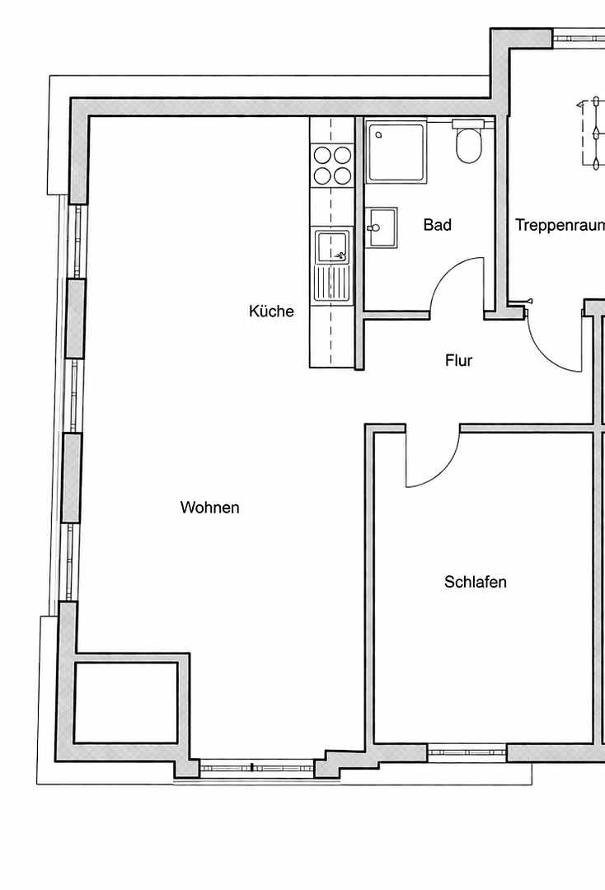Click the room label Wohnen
209,508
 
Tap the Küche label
271,311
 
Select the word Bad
438,225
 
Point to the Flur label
458,360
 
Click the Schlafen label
475,583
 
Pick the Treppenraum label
560,225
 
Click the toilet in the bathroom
468,143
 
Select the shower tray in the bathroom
396,152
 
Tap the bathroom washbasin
382,226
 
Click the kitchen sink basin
331,247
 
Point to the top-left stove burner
322,154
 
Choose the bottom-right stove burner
341,175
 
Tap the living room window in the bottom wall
256,767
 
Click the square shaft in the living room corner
125,702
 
